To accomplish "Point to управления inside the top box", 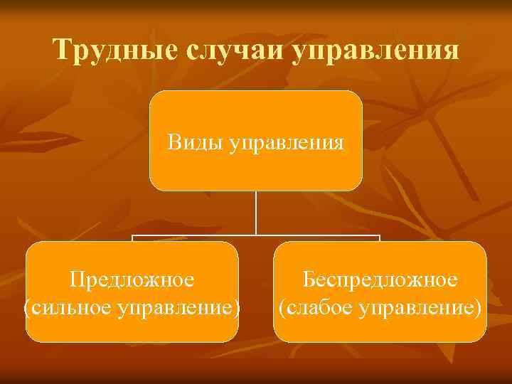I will click(x=287, y=143).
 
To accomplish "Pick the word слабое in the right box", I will click(x=317, y=308).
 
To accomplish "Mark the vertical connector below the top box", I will click(x=256, y=213).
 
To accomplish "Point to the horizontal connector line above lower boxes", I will click(x=192, y=235).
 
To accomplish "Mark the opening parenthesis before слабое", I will click(x=282, y=308).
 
